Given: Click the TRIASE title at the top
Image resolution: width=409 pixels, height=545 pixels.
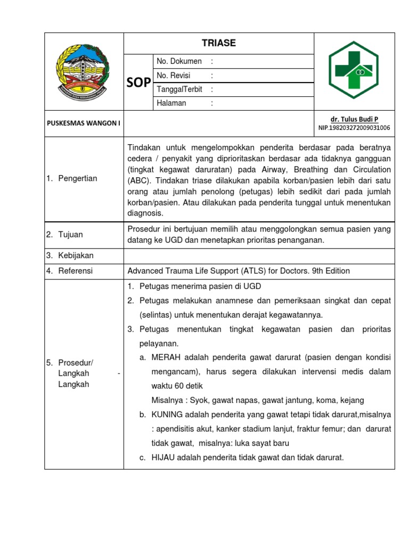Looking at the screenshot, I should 219,43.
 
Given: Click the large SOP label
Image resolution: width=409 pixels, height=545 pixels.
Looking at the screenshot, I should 138,82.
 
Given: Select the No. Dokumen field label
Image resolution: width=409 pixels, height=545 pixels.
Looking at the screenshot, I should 179,62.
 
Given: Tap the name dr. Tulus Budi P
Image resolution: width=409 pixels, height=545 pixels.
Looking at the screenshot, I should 354,119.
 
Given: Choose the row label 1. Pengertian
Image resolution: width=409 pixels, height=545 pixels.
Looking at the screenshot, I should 73,178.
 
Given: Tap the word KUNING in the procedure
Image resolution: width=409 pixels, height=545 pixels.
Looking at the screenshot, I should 167,414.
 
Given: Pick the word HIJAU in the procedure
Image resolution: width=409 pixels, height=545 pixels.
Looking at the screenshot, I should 163,457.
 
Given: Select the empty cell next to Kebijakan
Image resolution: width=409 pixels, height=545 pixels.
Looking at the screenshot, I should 259,255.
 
